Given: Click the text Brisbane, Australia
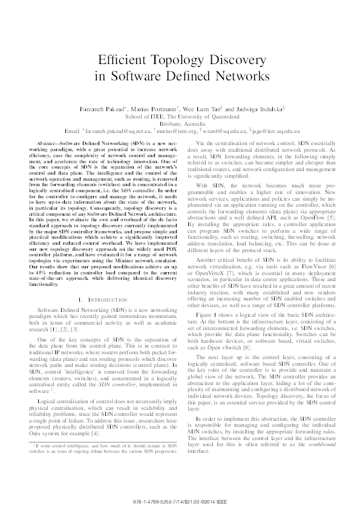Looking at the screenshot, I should (x=180, y=123).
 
